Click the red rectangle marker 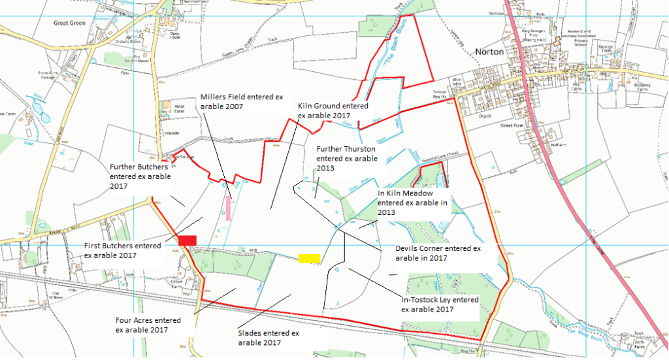pos(188,240)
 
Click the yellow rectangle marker pos(309,259)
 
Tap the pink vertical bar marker pos(229,206)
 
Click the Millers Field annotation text pos(242,101)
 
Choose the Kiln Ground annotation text pos(333,110)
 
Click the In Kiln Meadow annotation pos(413,203)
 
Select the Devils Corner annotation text pos(438,254)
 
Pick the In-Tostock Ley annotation pos(440,304)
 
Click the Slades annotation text pos(269,337)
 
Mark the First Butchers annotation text pos(123,250)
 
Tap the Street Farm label pos(512,125)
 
